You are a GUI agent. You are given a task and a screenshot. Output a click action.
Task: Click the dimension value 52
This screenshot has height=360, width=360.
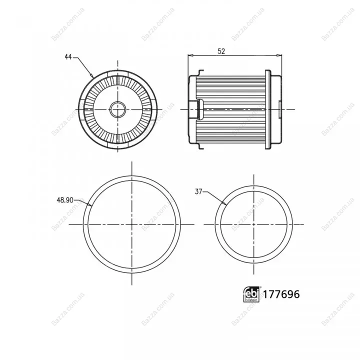tap(221, 51)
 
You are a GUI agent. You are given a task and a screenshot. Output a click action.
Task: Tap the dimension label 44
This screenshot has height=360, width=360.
tap(68, 56)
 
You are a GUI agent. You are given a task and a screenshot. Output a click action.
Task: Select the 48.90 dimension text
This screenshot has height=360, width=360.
tap(65, 200)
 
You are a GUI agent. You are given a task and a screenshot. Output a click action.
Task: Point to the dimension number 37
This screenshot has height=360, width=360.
tap(198, 191)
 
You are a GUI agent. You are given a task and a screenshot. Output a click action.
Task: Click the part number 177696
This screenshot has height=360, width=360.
tap(281, 294)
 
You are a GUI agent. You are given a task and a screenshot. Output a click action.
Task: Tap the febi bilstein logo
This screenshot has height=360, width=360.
tap(251, 294)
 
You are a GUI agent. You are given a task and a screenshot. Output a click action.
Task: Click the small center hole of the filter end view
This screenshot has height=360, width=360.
tap(118, 109)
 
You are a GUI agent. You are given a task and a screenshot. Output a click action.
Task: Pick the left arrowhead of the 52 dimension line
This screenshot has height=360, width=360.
tap(191, 55)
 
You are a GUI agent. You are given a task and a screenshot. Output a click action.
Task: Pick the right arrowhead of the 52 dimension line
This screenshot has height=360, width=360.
tap(279, 55)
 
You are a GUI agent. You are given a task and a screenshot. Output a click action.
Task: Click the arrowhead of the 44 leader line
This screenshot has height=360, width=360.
tap(91, 75)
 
